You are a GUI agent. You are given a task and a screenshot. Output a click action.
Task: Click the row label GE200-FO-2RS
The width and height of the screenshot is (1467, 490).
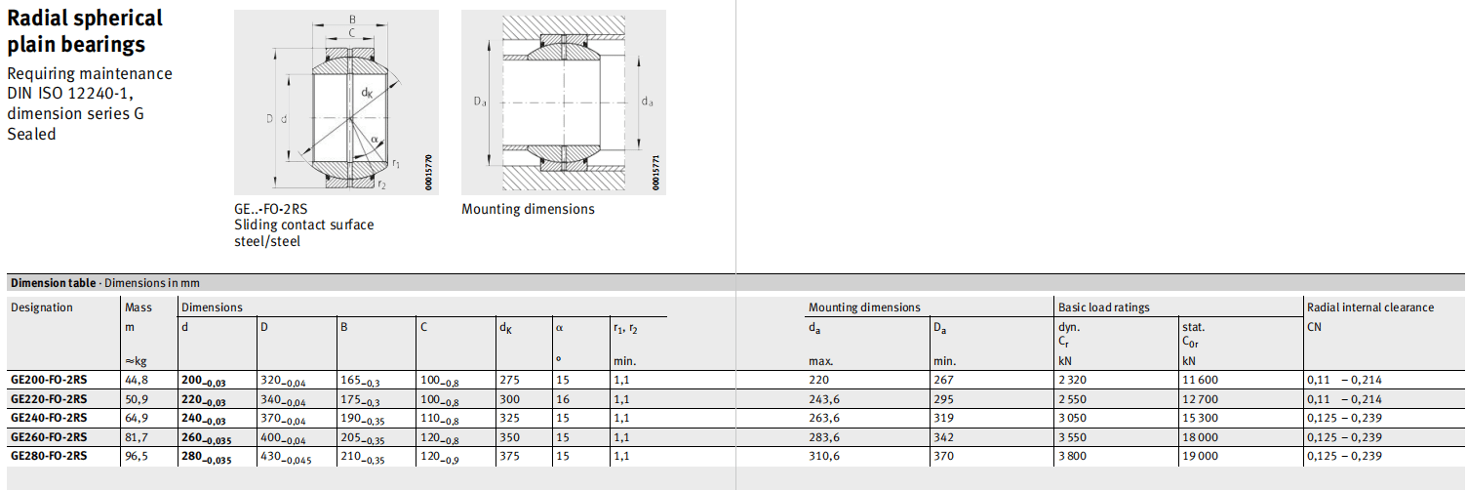(49, 380)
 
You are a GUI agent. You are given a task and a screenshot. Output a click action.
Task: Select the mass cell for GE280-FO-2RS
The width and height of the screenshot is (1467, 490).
(137, 456)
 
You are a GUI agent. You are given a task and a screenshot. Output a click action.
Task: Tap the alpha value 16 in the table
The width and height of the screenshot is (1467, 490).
(563, 399)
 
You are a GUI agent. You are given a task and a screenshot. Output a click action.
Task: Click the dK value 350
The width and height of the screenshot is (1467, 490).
(509, 437)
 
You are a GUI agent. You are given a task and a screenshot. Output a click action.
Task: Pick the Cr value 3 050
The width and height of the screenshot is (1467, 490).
(1072, 418)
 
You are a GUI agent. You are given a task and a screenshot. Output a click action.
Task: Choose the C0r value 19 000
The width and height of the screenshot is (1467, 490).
(1200, 456)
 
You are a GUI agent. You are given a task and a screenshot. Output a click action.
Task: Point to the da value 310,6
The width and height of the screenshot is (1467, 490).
(824, 456)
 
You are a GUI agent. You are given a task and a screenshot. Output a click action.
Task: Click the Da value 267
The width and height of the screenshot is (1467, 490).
(944, 380)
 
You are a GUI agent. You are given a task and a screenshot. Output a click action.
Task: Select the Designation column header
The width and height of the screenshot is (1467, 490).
(42, 307)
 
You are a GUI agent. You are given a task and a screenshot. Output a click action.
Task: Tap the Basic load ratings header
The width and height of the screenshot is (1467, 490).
(1103, 307)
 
